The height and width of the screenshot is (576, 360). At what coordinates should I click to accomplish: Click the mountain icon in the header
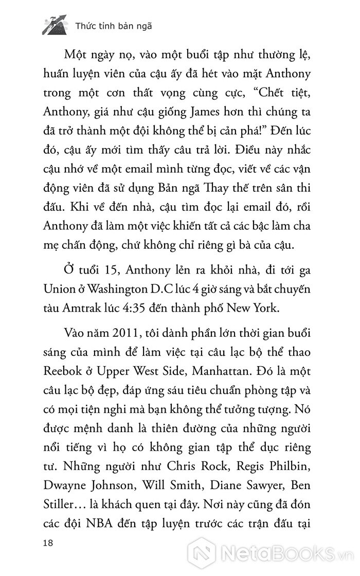55,25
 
